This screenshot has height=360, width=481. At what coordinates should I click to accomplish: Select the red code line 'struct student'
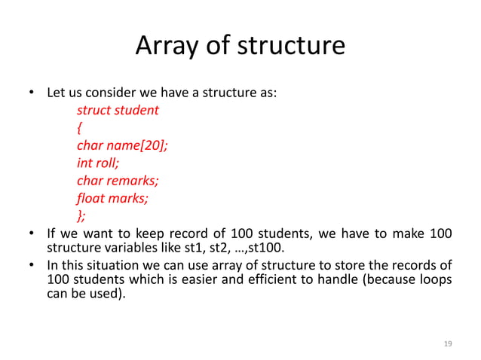[x=118, y=111]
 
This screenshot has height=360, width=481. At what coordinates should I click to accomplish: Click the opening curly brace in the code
[x=80, y=129]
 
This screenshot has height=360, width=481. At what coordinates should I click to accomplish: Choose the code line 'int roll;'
[x=98, y=163]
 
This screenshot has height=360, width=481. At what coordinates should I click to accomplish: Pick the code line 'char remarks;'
[x=118, y=181]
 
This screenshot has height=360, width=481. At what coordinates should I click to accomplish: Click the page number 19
[x=448, y=343]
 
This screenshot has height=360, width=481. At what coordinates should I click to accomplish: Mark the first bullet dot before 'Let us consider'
[x=32, y=95]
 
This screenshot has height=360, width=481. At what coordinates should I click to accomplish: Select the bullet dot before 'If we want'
[x=32, y=233]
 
